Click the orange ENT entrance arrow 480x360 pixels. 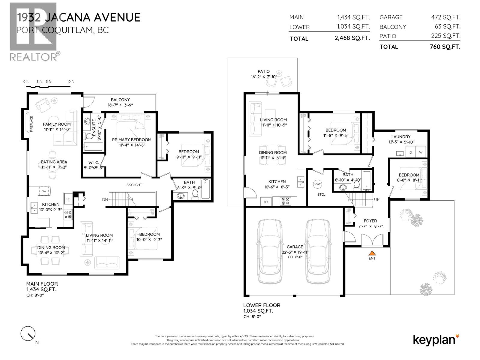[x=372, y=253]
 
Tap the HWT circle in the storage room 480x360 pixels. [x=317, y=184]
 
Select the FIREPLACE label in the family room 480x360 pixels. [x=31, y=124]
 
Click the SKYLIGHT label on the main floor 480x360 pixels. [x=134, y=185]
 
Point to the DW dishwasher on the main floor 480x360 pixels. [x=44, y=191]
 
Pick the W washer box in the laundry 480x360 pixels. [x=421, y=152]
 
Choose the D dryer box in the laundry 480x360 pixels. [x=411, y=152]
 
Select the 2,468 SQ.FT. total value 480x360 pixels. [x=352, y=38]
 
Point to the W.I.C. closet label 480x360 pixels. [x=94, y=163]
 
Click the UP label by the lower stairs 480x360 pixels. [x=377, y=199]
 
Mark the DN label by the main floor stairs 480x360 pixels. [x=105, y=199]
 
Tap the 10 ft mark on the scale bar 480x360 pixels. [x=70, y=82]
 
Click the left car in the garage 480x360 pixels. [x=270, y=251]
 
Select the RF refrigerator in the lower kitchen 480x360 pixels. [x=266, y=202]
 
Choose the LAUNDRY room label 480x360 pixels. [x=401, y=137]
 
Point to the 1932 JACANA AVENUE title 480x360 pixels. [x=79, y=17]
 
